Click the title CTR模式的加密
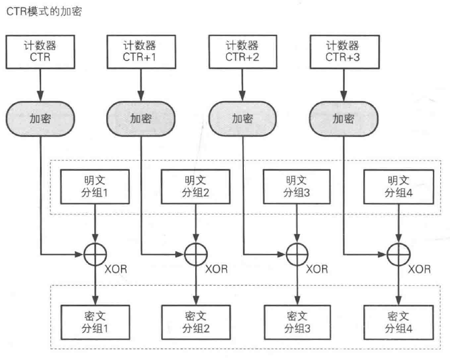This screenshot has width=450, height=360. click(x=44, y=11)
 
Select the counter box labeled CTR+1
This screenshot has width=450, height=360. click(x=141, y=52)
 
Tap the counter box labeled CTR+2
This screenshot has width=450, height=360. click(x=243, y=52)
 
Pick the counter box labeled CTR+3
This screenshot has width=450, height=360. click(x=345, y=52)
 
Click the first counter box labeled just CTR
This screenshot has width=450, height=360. click(x=40, y=52)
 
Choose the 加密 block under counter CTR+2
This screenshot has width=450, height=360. click(x=243, y=118)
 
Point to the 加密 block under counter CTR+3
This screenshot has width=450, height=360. click(x=344, y=118)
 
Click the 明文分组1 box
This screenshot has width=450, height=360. click(x=95, y=187)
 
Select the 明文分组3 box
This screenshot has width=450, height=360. click(x=297, y=187)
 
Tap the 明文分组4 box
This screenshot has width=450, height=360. click(x=399, y=187)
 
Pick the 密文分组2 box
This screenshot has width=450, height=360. click(x=196, y=322)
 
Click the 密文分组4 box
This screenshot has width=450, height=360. click(x=399, y=322)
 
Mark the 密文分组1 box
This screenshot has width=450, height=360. click(x=95, y=322)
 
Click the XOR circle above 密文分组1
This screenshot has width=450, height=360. click(x=95, y=243)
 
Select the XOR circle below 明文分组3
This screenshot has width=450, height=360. click(x=297, y=243)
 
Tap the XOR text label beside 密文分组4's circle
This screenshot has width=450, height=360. click(x=419, y=269)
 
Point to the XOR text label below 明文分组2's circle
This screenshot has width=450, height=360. click(x=216, y=269)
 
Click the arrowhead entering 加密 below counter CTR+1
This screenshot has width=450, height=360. click(x=141, y=96)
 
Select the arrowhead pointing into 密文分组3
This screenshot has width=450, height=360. click(x=298, y=300)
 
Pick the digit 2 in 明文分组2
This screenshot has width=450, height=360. click(x=206, y=193)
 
